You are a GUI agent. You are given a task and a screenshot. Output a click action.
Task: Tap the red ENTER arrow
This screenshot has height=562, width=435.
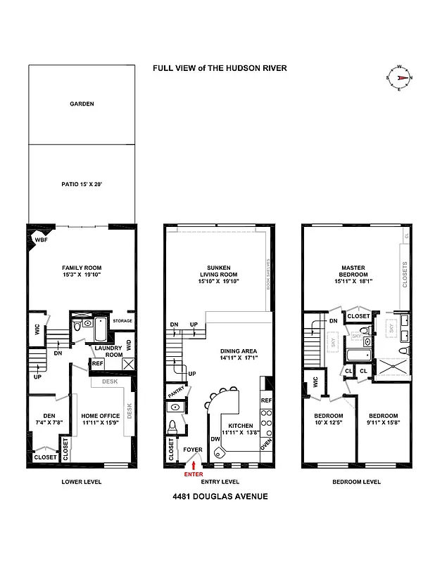point(194,466)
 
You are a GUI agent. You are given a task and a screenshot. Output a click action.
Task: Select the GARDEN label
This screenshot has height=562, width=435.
point(82,104)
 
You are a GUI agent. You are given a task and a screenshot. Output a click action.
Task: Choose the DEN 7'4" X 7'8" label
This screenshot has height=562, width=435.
point(46,419)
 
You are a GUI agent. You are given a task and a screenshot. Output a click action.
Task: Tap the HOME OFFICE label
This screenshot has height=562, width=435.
point(101,419)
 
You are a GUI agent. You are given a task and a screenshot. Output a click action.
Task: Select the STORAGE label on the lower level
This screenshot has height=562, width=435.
point(123,321)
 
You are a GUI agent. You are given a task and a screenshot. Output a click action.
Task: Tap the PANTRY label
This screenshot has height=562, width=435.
point(175,391)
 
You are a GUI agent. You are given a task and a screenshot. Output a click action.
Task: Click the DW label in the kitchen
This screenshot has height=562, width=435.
point(215,439)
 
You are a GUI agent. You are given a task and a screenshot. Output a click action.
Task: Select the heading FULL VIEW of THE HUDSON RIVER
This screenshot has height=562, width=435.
point(220,68)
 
